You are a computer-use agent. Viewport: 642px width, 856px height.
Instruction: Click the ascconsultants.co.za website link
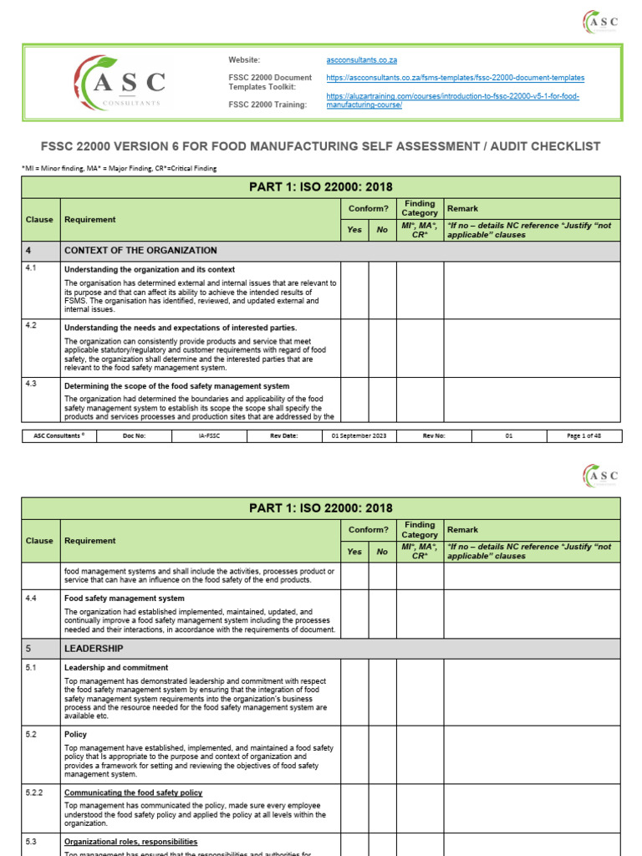coord(361,60)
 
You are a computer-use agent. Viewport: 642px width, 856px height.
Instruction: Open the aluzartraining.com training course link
coord(452,100)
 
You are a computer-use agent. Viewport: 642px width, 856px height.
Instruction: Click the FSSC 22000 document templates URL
coord(455,78)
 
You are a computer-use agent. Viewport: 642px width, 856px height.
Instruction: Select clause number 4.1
coord(31,269)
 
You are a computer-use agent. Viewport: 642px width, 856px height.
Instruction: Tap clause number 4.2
coord(31,326)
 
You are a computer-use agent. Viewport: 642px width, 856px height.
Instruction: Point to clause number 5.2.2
coord(34,792)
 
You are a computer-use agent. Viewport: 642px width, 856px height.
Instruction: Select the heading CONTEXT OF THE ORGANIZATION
coord(140,251)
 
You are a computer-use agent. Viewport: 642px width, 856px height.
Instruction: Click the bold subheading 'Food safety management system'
coord(125,599)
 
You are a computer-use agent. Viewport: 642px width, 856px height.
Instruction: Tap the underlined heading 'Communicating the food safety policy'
coord(133,792)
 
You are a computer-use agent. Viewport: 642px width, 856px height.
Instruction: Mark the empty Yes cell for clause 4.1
coord(354,289)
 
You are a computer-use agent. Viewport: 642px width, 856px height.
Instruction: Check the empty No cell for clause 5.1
coord(382,691)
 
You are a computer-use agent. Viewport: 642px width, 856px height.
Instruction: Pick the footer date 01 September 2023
coord(359,436)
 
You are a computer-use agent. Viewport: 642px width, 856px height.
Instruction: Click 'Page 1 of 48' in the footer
coord(583,436)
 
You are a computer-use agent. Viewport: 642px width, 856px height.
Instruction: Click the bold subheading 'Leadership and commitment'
coord(116,668)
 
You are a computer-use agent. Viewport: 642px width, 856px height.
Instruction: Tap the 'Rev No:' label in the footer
coord(434,436)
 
